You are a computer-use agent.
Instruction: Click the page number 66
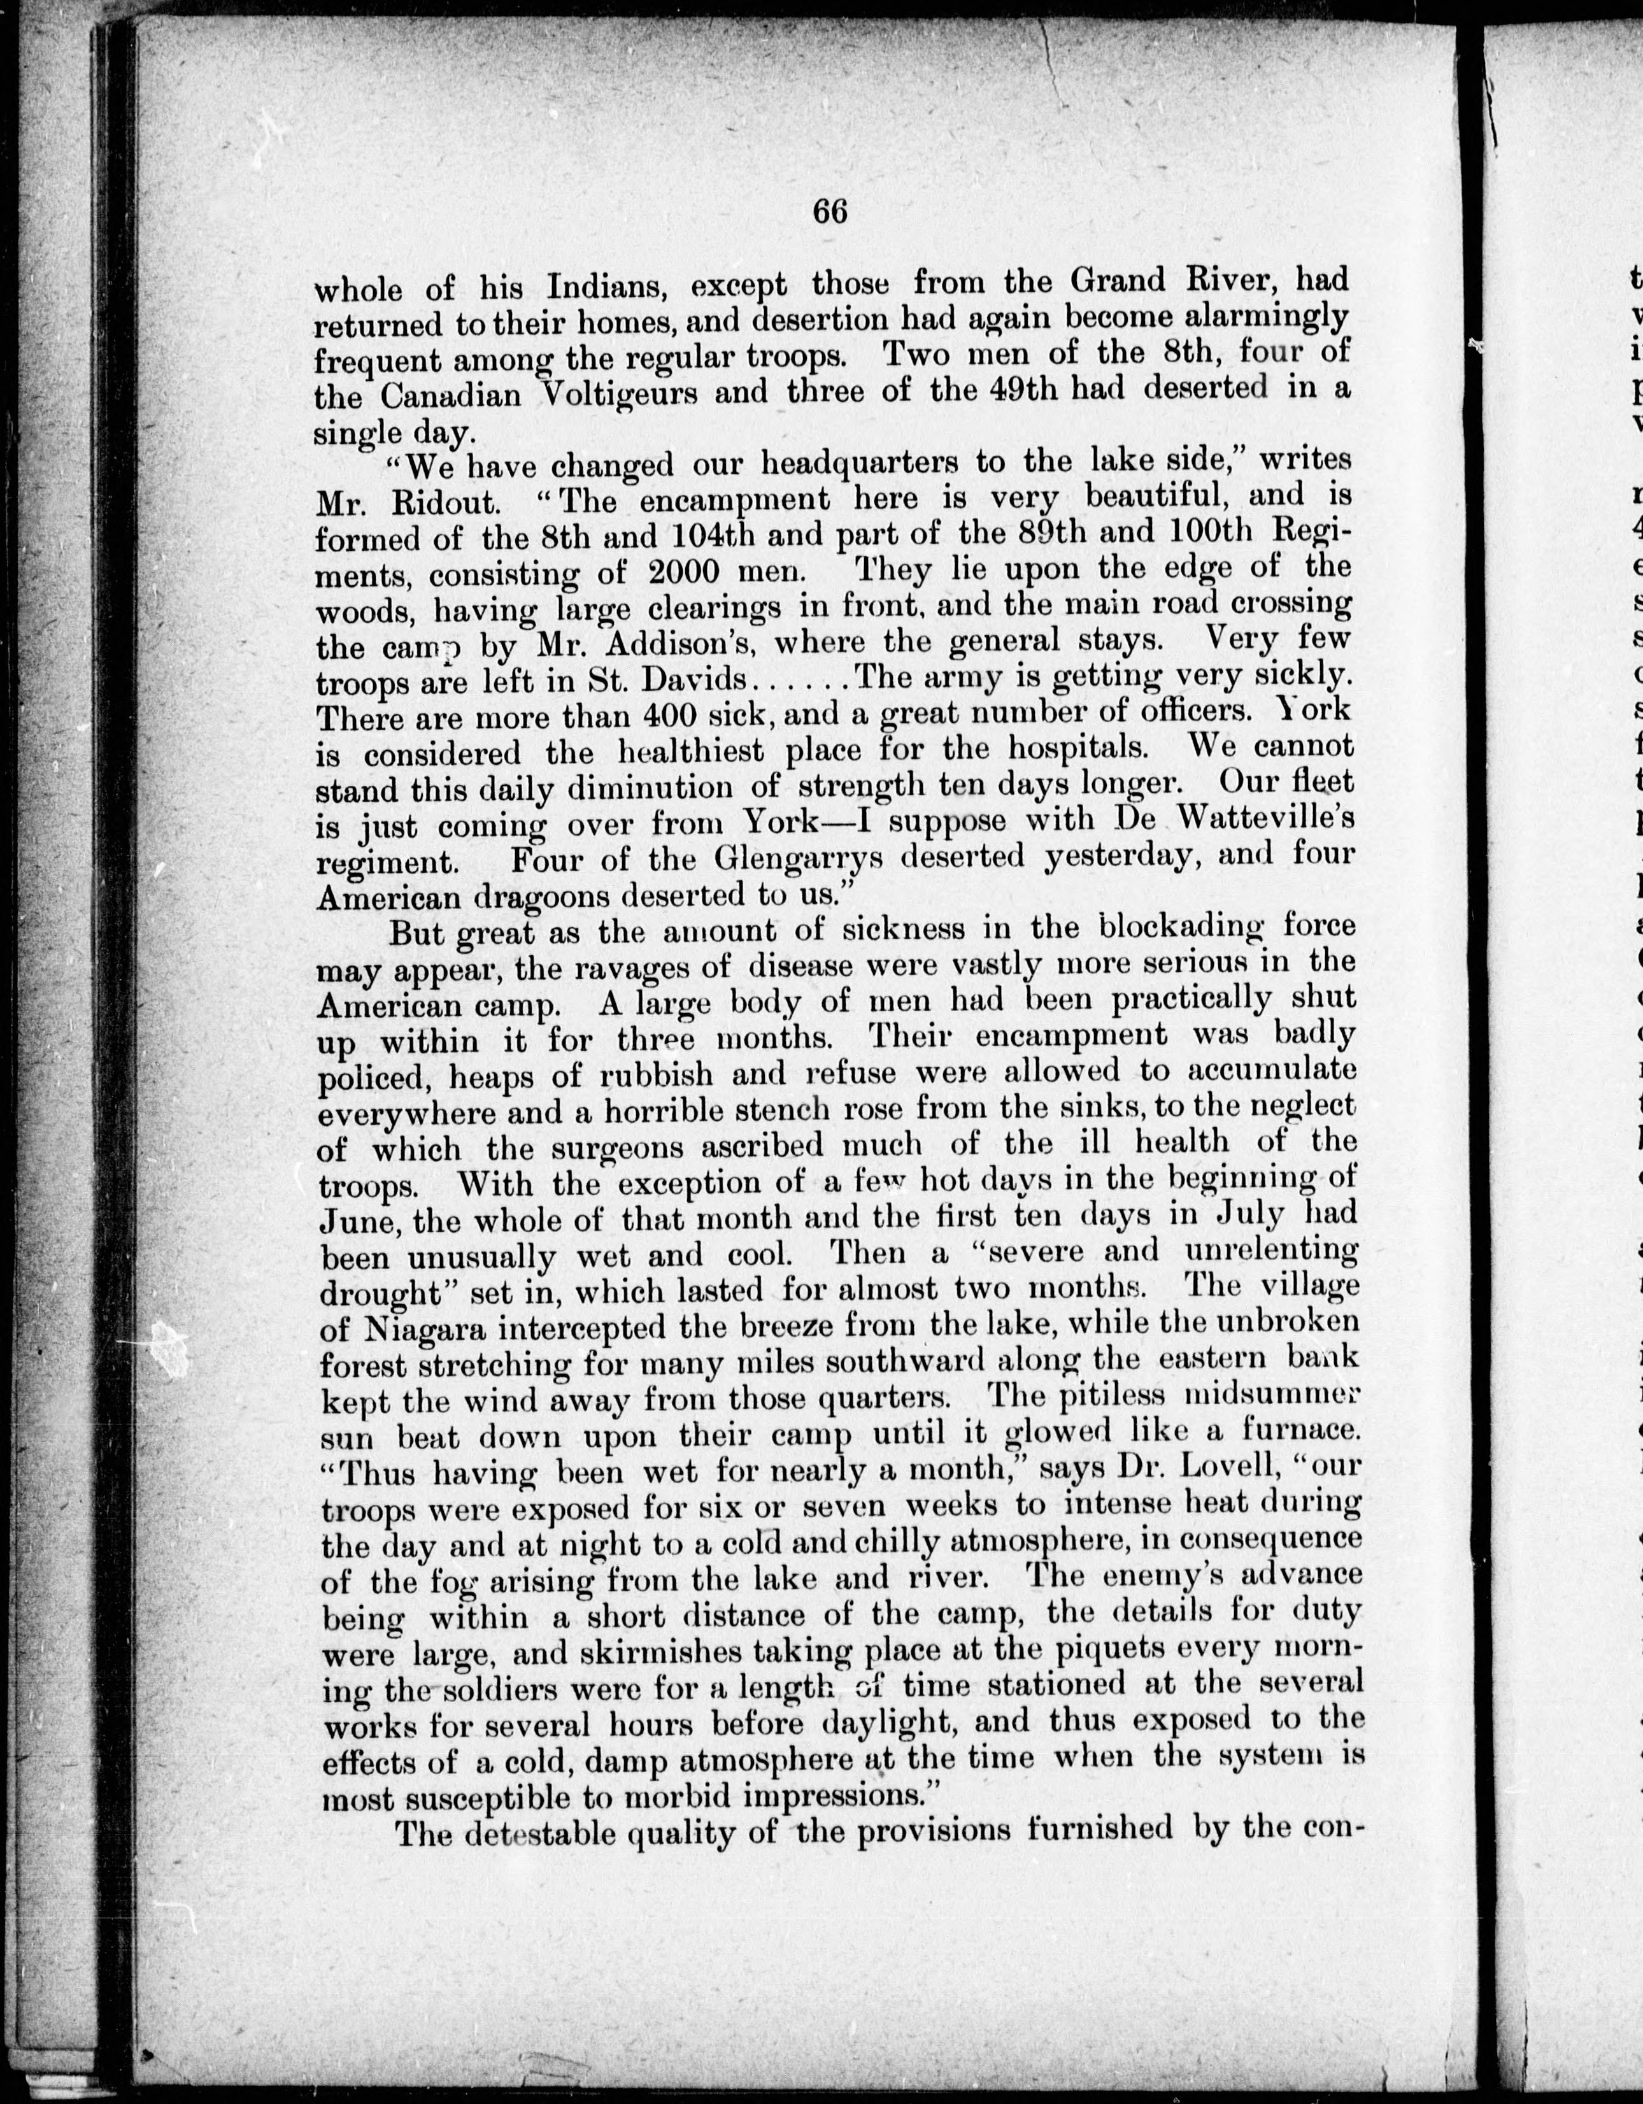click(x=830, y=211)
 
